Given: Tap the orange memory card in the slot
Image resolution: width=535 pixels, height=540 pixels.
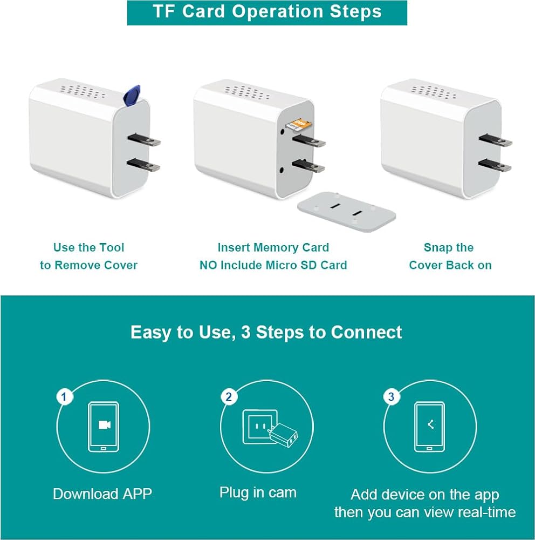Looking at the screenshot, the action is point(299,125).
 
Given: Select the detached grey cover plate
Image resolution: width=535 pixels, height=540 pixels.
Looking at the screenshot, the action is point(346,212).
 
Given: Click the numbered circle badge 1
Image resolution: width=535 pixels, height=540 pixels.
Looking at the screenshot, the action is point(64,397).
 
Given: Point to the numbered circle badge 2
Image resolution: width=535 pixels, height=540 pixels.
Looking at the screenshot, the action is point(229,397).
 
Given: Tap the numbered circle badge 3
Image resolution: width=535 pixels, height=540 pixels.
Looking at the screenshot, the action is point(391,397).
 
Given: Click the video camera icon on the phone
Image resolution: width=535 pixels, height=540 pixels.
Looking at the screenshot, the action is point(104,425).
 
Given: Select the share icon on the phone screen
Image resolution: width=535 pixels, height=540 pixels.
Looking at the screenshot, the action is point(430,424).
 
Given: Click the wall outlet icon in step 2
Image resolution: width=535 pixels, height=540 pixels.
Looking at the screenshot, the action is point(260,427).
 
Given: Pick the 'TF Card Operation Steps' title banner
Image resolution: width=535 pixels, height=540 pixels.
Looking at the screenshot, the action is point(267,13).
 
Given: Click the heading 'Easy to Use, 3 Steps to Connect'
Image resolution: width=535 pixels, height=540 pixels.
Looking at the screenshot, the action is point(266,332).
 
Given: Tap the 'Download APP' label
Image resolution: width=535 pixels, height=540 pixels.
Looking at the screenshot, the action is point(102,494).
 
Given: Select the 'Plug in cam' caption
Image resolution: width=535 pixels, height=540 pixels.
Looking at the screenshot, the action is point(258,493).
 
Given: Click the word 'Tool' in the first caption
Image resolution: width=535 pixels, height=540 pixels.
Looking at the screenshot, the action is point(112,247).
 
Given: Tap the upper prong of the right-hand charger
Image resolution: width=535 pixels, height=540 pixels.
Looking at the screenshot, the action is point(495,140).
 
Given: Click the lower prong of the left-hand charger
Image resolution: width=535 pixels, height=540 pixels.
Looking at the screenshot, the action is point(143,165).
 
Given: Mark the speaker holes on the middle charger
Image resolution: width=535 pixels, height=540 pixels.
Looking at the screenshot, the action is point(246,92).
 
